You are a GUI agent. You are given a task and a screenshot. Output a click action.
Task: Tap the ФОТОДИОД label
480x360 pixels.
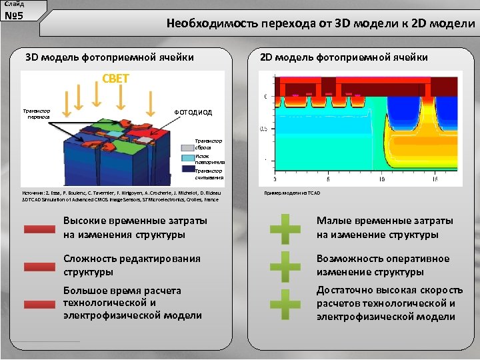[x=193, y=113]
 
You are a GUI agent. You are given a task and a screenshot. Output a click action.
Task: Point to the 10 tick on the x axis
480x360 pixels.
[x=381, y=179]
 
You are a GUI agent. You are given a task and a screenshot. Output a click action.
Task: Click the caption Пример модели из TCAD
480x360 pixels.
[x=292, y=193]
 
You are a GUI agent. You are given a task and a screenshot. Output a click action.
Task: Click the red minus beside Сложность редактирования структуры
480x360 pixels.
[x=39, y=267]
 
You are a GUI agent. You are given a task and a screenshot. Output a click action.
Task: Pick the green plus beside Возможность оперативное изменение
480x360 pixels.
[x=285, y=266]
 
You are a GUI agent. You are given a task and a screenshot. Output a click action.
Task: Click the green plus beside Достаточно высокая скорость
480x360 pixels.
[x=285, y=303]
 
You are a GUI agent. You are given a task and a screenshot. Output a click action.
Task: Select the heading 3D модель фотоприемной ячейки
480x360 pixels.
[x=109, y=57]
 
